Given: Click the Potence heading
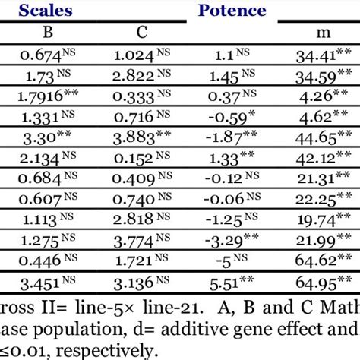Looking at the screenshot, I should [x=232, y=11].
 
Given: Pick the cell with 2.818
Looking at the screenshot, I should [x=139, y=222].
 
